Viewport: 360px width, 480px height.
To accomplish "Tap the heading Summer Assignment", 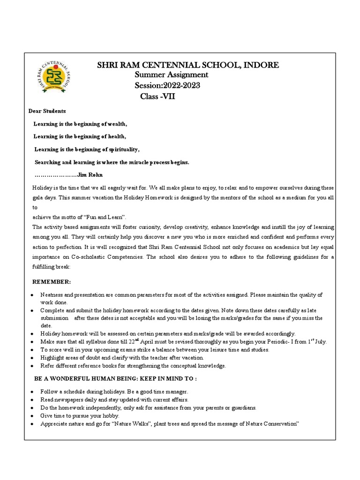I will pyautogui.click(x=172, y=75).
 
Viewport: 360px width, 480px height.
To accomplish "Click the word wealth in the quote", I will pyautogui.click(x=116, y=124).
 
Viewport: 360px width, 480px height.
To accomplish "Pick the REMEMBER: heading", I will pyautogui.click(x=51, y=282).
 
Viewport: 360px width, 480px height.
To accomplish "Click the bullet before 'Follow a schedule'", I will pyautogui.click(x=31, y=391).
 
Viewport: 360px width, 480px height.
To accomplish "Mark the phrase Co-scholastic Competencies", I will pyautogui.click(x=100, y=257).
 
